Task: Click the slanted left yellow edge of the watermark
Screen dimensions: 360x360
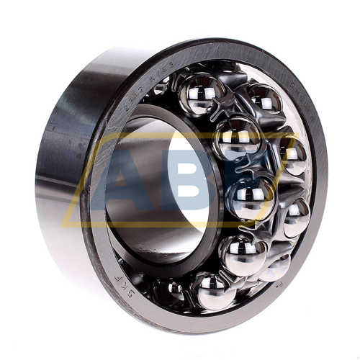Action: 76,180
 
